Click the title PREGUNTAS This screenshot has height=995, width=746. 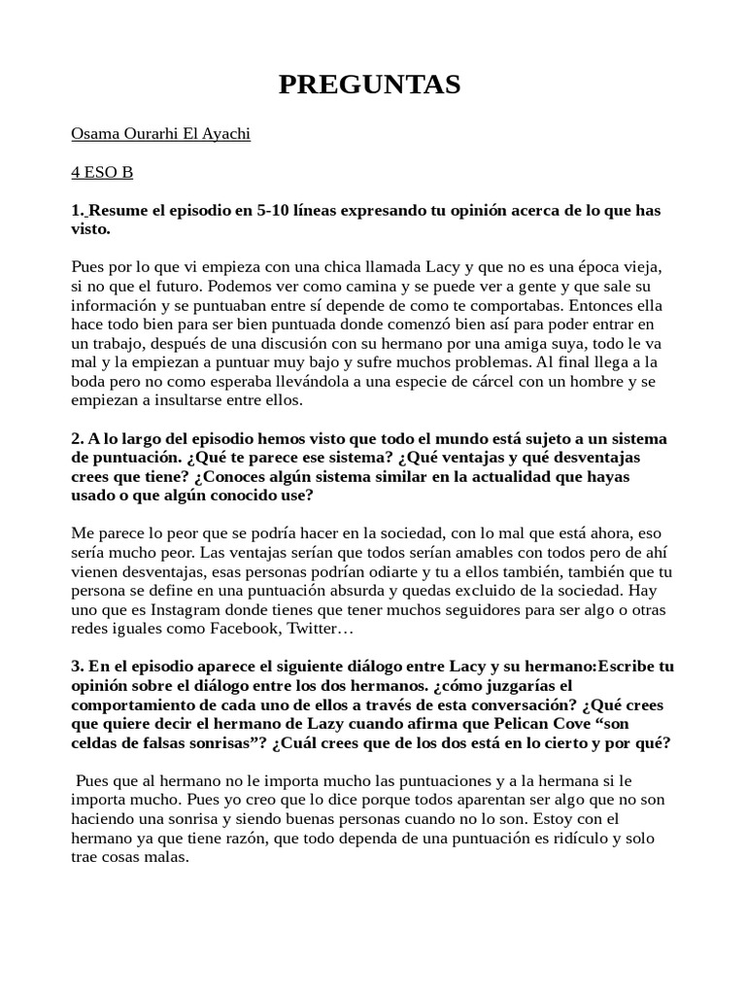point(370,86)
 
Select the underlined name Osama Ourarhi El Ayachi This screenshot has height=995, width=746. point(161,134)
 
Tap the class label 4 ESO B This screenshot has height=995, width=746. point(102,173)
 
